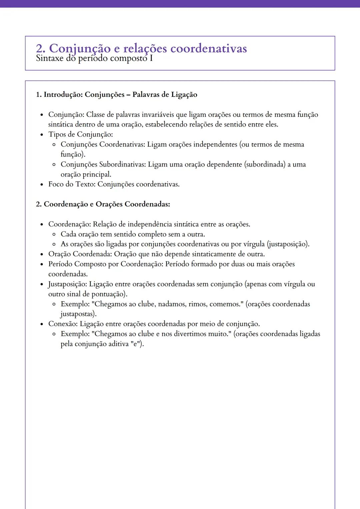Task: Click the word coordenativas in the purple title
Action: point(208,49)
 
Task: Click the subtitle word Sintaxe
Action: point(49,59)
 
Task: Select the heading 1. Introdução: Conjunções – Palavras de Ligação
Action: point(116,95)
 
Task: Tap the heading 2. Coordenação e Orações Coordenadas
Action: point(103,204)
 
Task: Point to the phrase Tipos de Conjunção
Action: point(80,135)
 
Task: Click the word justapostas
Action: point(78,314)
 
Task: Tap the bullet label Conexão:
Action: point(63,324)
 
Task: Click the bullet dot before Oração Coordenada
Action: point(42,254)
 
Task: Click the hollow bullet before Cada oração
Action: point(54,235)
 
